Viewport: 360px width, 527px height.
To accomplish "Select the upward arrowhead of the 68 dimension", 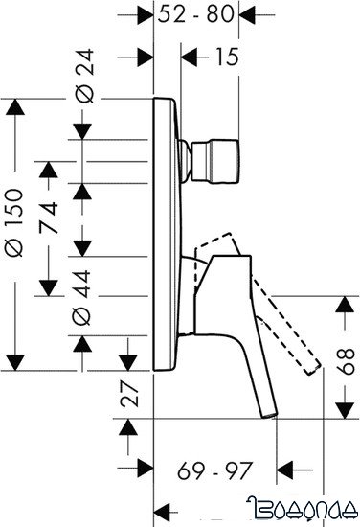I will click(x=342, y=308).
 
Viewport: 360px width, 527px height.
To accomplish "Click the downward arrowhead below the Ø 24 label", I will click(x=83, y=126).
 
